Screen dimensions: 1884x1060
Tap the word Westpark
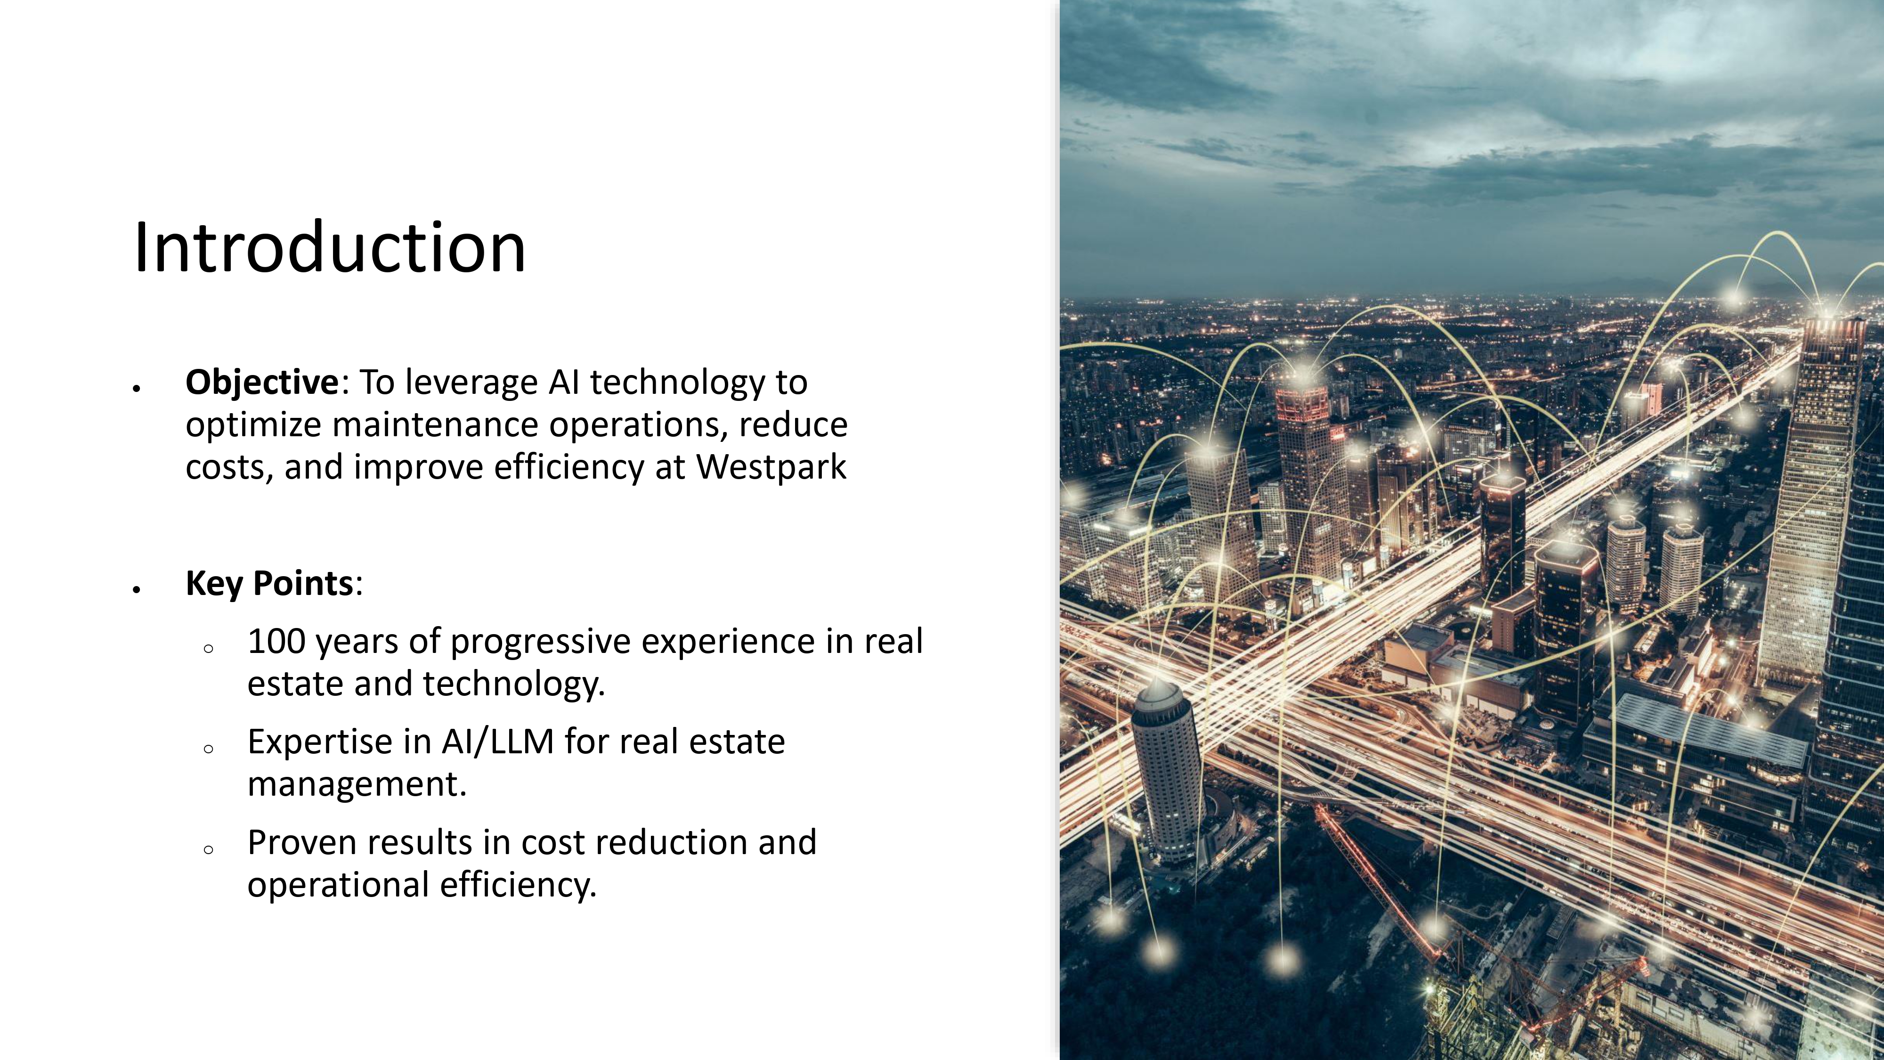(771, 467)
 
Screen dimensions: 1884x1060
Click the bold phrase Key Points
(270, 583)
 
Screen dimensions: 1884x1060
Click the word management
(357, 784)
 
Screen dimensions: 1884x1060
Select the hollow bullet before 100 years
(209, 648)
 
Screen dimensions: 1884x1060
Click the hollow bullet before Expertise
(209, 749)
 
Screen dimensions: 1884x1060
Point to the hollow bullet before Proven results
(209, 849)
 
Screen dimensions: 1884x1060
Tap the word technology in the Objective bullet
(677, 383)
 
